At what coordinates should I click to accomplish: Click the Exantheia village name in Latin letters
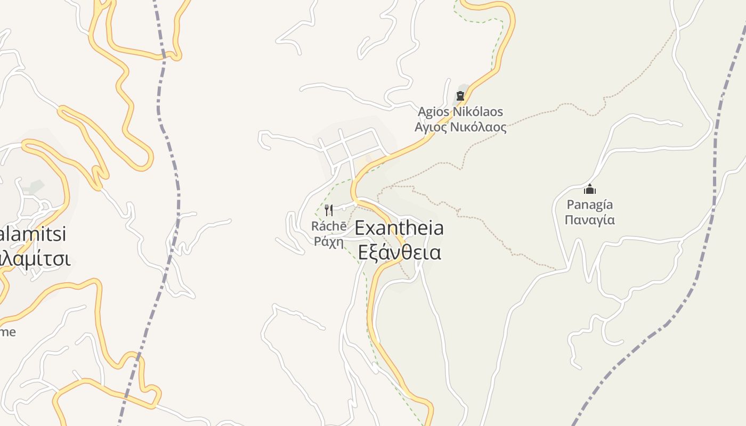tap(399, 228)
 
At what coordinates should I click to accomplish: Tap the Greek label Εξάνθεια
tap(399, 252)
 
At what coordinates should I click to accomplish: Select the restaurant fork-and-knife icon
tap(329, 210)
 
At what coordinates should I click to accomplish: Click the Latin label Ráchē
tap(329, 226)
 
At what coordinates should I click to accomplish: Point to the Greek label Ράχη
tap(329, 241)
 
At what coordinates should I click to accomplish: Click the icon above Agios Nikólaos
tap(460, 96)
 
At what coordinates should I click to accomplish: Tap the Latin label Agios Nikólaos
tap(460, 112)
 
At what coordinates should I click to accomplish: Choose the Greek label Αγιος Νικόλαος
tap(460, 127)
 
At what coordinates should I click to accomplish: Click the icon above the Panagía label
tap(589, 189)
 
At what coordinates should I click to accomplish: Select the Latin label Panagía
tap(589, 204)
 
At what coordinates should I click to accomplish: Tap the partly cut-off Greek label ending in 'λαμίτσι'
tap(35, 259)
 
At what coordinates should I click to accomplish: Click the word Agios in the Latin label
tap(433, 112)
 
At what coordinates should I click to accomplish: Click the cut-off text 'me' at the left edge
tap(7, 332)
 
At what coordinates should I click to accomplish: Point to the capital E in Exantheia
tap(361, 228)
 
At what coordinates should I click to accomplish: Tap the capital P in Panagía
tap(571, 204)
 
